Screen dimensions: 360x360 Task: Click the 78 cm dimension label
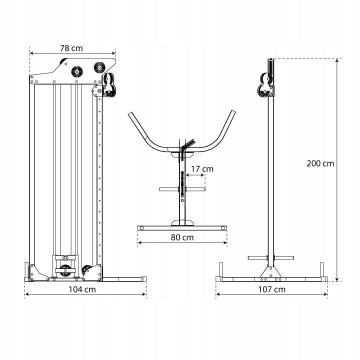click(x=71, y=48)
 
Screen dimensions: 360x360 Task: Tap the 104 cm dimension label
click(x=82, y=289)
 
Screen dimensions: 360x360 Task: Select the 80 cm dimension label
click(x=182, y=237)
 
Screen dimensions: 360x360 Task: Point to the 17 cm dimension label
click(x=202, y=169)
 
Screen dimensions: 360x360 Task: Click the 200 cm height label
click(x=320, y=163)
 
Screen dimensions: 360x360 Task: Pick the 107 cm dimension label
click(x=272, y=289)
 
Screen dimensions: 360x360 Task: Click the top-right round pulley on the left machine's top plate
click(x=99, y=67)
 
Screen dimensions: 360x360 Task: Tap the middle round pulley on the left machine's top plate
click(x=77, y=72)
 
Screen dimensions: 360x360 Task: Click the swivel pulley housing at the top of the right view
click(x=266, y=84)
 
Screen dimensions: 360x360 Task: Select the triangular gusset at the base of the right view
click(x=270, y=272)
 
